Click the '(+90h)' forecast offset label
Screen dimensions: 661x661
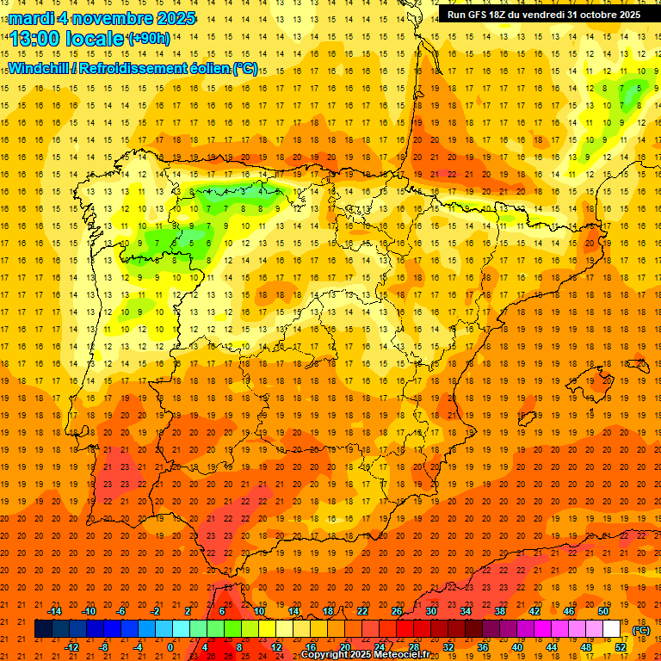pyautogui.click(x=148, y=38)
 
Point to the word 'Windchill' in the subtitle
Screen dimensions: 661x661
pyautogui.click(x=38, y=68)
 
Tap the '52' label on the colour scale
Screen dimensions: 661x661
pyautogui.click(x=621, y=647)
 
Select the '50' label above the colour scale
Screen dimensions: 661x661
pyautogui.click(x=603, y=611)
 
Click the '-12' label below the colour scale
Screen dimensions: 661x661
pyautogui.click(x=72, y=647)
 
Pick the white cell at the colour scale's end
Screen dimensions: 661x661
pyautogui.click(x=612, y=629)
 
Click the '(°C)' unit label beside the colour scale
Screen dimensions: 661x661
pyautogui.click(x=640, y=630)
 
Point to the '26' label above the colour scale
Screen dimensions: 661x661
pyautogui.click(x=397, y=611)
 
